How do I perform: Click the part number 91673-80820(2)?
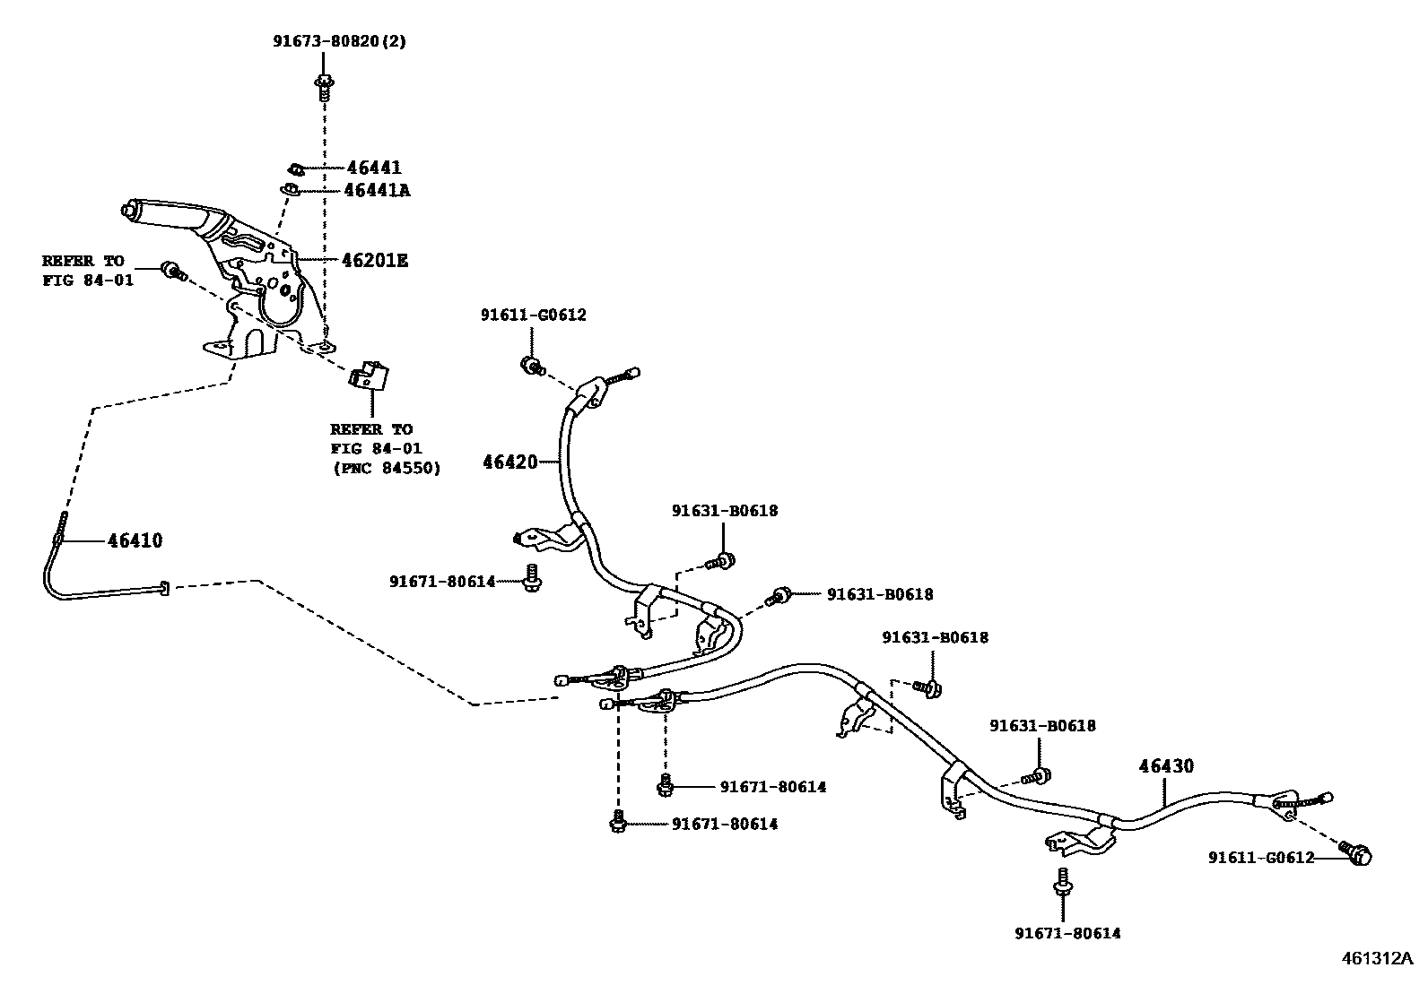pos(340,41)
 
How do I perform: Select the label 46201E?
pos(374,261)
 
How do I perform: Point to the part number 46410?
pos(135,540)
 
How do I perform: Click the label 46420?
pos(509,462)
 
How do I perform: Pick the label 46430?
pos(1166,766)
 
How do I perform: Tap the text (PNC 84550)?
pos(386,468)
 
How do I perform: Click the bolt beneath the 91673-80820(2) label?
pos(324,87)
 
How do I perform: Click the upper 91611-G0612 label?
pos(533,315)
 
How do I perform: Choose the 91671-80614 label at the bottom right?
pos(1067,933)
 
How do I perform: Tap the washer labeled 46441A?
pos(290,189)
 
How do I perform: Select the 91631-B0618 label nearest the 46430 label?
pos(1042,725)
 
